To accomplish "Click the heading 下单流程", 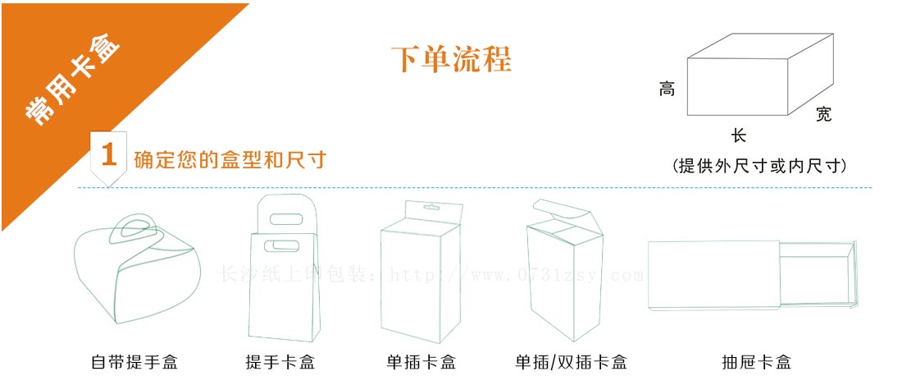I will point(450,60).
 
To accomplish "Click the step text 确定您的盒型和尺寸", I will point(230,159).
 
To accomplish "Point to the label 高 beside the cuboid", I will point(667,89).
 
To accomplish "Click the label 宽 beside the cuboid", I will point(823,114).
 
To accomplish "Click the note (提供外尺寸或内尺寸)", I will point(758,166).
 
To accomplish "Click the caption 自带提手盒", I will point(134,362).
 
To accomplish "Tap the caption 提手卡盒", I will point(280,362).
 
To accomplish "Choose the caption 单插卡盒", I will point(421,362).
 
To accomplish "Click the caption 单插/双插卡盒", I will point(571,362).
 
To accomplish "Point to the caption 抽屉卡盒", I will point(756,362).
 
